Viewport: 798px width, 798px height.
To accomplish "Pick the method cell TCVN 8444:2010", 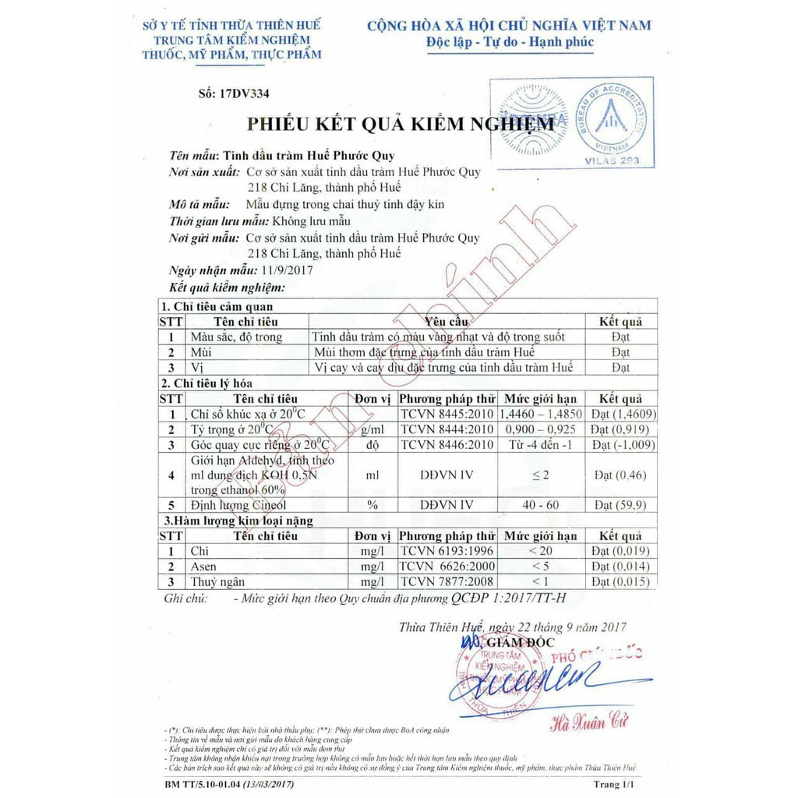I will click(x=447, y=429).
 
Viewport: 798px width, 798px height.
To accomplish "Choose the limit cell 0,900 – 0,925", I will click(x=540, y=429).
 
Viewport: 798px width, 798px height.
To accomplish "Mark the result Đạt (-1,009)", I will click(x=623, y=445).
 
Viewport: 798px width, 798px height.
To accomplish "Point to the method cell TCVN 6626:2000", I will click(x=447, y=567).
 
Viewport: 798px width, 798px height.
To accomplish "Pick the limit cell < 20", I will click(x=540, y=551).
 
